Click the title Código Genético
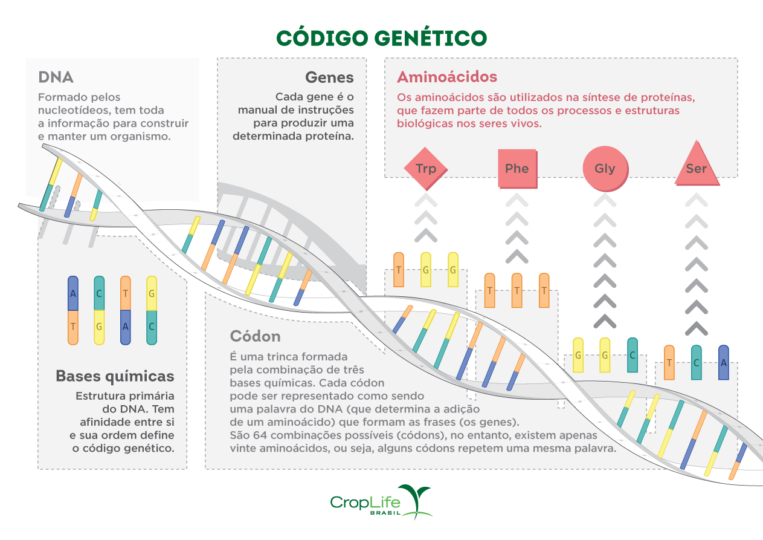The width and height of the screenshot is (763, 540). pos(381,38)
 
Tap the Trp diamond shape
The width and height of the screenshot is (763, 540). pos(425,168)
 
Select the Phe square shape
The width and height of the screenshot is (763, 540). pos(517,168)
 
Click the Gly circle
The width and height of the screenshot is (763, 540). pos(604,168)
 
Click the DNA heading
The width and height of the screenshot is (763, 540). pos(56,77)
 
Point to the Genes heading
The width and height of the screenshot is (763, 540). pos(329,77)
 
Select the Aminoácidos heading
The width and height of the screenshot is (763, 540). pos(447,77)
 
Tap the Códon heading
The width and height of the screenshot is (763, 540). pos(255,336)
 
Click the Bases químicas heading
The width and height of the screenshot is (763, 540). pos(115,376)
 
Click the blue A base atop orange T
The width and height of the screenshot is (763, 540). pos(73,293)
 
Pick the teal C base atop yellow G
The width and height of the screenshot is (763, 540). pos(100,293)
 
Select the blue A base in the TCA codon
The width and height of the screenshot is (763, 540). pos(723,363)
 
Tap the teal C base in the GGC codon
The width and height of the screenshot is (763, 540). pos(632,355)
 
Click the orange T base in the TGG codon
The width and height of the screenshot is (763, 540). pos(398,270)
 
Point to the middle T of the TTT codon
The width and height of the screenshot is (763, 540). pos(517,290)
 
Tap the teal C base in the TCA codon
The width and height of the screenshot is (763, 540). pos(696,363)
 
